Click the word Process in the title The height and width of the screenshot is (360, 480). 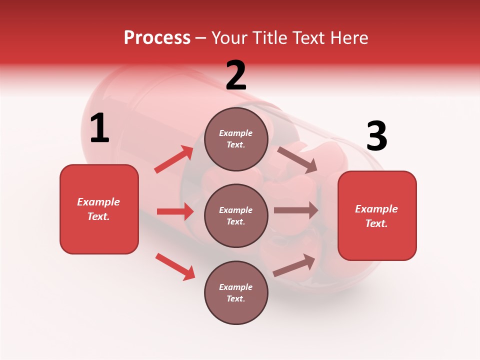tap(157, 38)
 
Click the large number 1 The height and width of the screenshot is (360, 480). tap(99, 128)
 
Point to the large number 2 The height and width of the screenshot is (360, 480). tap(236, 75)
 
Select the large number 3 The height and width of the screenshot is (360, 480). tap(376, 136)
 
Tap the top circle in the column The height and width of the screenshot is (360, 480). tap(236, 139)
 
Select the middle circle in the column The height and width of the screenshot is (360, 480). tap(236, 215)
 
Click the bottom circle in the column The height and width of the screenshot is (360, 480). tap(236, 292)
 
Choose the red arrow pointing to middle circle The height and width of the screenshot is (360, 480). tap(175, 211)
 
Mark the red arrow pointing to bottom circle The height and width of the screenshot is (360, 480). tap(175, 266)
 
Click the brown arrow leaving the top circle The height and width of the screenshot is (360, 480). tap(297, 159)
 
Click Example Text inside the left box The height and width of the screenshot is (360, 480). tap(98, 209)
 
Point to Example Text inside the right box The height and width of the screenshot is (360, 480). tap(376, 216)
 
